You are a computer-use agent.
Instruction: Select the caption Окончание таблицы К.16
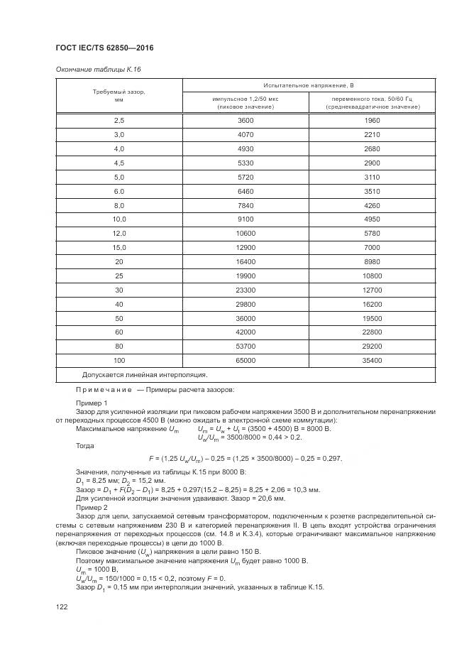tap(89, 70)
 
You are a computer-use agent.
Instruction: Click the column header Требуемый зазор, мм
tap(119, 96)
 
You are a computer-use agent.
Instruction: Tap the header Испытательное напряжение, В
tap(309, 85)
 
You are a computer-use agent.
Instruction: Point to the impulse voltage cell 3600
tap(245, 121)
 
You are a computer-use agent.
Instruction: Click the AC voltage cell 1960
tap(372, 121)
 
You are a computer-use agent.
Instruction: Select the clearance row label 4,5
tap(119, 163)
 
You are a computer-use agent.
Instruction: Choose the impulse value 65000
tap(245, 360)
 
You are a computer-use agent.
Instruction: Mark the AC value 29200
tap(372, 346)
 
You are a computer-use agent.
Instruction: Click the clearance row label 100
tap(119, 360)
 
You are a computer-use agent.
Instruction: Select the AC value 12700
tap(372, 290)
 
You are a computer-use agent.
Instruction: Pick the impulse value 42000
tap(245, 332)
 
